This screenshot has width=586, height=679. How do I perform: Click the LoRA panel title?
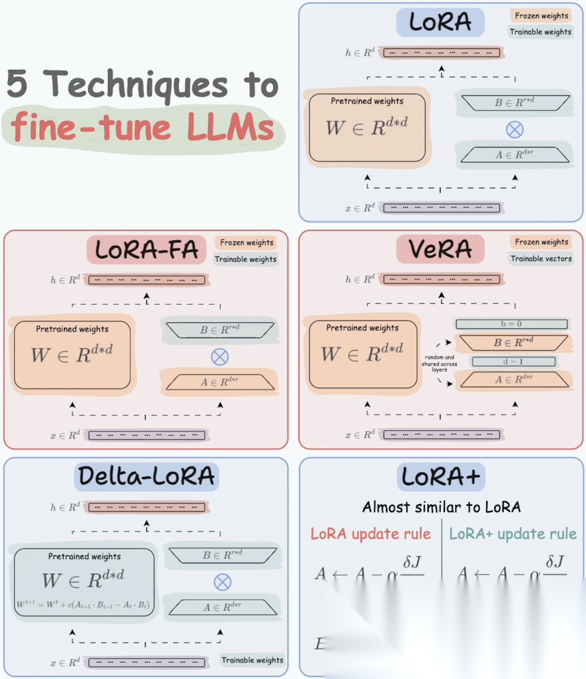point(440,22)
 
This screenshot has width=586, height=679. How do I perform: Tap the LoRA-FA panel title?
point(146,250)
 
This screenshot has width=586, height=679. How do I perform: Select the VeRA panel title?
point(440,249)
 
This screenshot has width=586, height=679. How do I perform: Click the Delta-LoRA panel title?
point(146,477)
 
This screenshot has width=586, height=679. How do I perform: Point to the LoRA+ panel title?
point(441,477)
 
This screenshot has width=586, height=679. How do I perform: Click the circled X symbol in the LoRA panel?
point(514,129)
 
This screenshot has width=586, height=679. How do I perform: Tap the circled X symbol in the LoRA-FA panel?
point(219,357)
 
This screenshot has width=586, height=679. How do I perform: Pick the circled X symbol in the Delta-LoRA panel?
point(222,582)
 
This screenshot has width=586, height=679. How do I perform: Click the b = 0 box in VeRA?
point(511,324)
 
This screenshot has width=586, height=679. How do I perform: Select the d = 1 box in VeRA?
point(513,361)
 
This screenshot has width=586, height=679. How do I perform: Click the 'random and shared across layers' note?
point(439,364)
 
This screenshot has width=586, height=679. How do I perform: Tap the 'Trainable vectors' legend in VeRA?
point(541,259)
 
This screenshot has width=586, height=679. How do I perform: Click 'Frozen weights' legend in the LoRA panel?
point(542,16)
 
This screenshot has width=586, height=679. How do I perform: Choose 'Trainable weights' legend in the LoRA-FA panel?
point(246,259)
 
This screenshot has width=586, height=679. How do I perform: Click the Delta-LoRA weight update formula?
point(82,604)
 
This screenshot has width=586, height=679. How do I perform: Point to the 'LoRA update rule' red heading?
point(371,534)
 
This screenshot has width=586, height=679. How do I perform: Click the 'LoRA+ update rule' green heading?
point(513,534)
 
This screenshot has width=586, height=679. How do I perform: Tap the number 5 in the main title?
point(17,84)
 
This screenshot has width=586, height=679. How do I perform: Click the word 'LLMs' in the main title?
point(231,128)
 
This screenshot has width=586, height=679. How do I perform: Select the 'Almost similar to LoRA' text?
point(441,507)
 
